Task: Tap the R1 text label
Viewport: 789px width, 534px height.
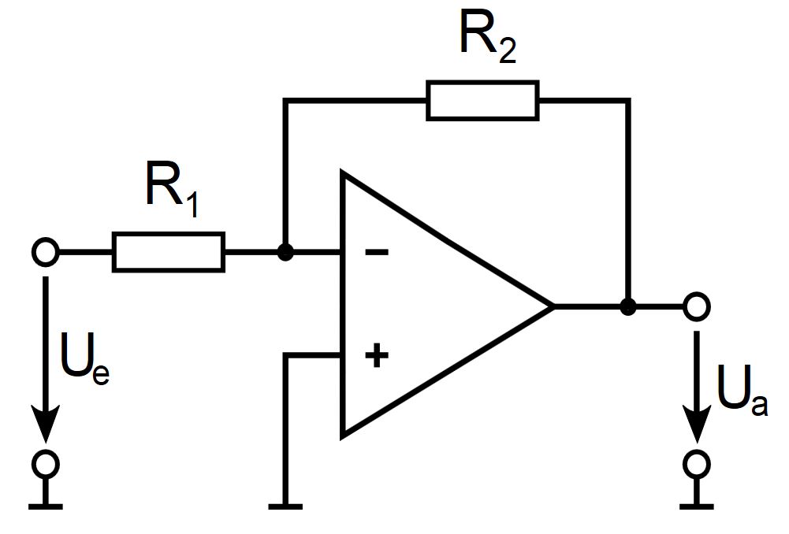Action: pyautogui.click(x=172, y=190)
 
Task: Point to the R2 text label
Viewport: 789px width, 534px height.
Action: pyautogui.click(x=488, y=36)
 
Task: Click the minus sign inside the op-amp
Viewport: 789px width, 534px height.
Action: pyautogui.click(x=377, y=252)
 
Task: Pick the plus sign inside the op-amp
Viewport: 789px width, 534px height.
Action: pyautogui.click(x=377, y=355)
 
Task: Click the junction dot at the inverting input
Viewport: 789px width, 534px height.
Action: pyautogui.click(x=285, y=252)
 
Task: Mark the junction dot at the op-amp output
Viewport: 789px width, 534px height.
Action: pyautogui.click(x=628, y=306)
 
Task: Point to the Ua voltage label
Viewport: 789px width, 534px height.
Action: pyautogui.click(x=742, y=391)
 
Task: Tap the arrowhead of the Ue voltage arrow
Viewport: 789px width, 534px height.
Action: pyautogui.click(x=46, y=425)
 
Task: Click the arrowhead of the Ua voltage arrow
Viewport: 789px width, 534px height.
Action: pyautogui.click(x=697, y=425)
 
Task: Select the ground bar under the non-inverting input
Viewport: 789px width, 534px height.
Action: pyautogui.click(x=285, y=507)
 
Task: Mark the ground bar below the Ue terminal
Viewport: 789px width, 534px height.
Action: pyautogui.click(x=46, y=507)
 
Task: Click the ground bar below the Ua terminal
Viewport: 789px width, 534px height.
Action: pyautogui.click(x=697, y=507)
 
